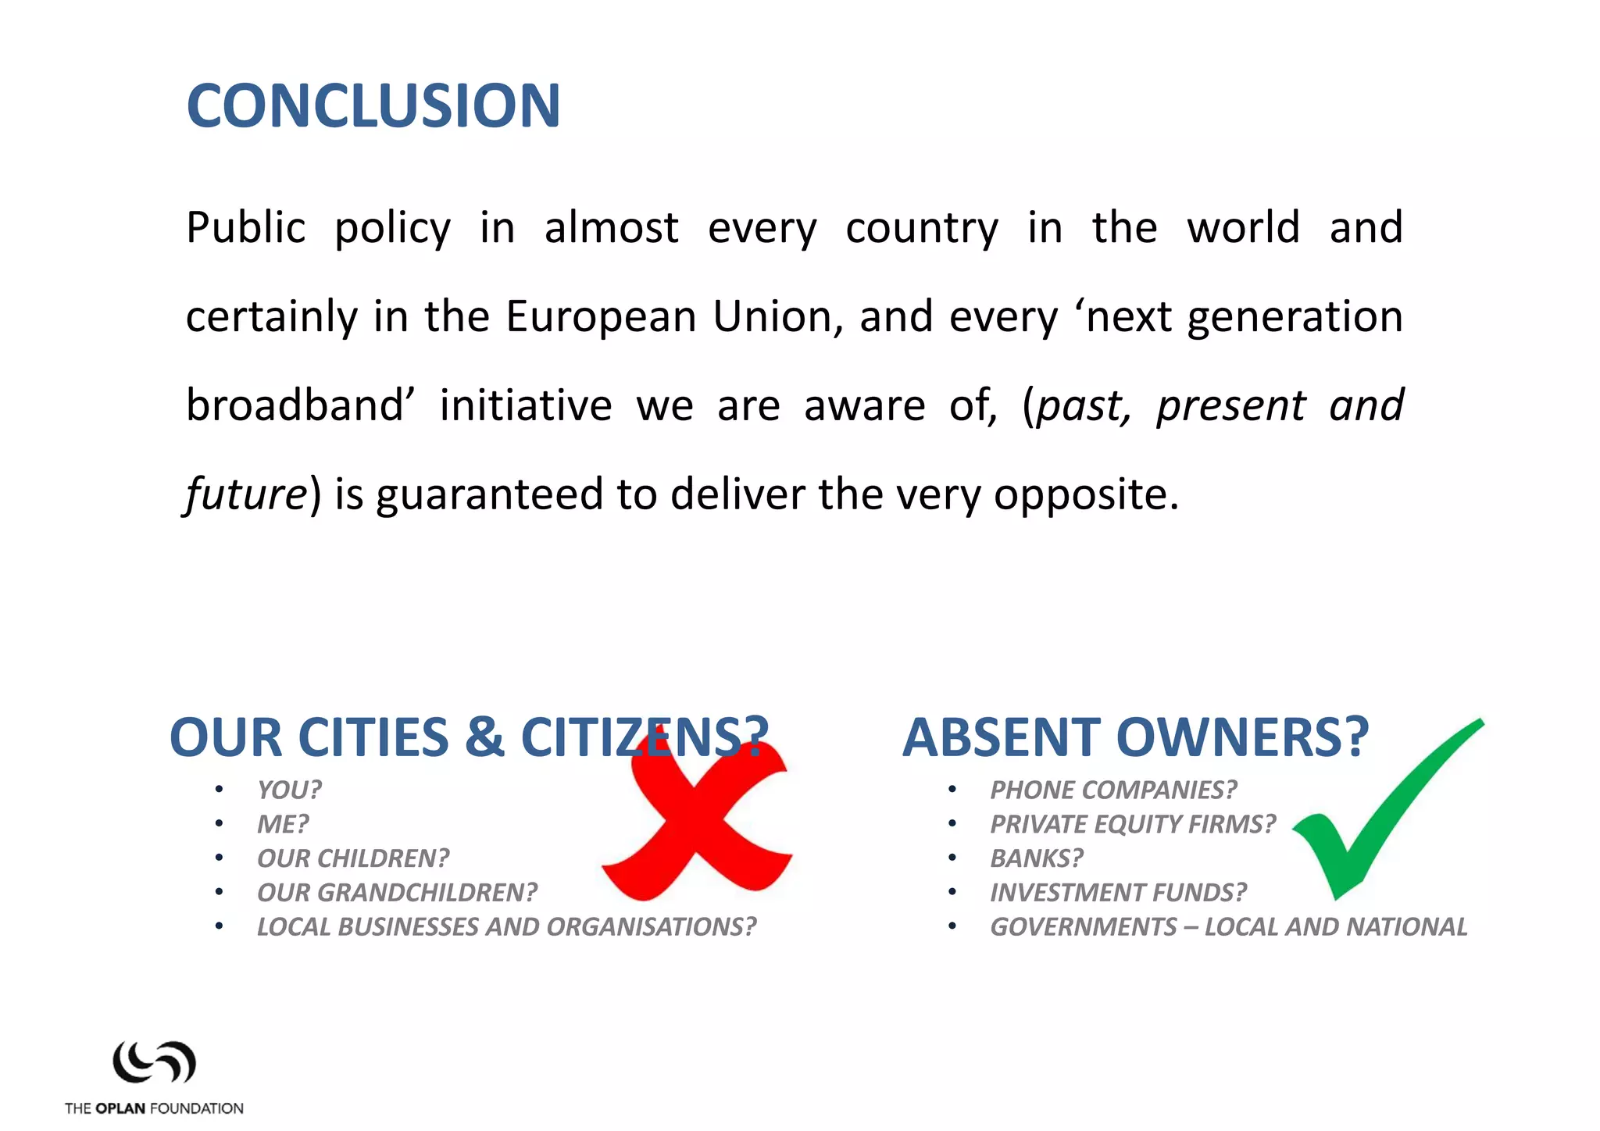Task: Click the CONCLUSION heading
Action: coord(373,106)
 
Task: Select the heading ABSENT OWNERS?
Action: coord(1135,737)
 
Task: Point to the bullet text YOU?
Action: coord(289,790)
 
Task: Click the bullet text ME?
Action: coord(283,824)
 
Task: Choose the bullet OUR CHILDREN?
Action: coord(353,858)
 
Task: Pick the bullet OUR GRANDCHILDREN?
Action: coord(397,892)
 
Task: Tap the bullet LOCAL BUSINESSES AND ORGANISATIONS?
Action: coord(506,926)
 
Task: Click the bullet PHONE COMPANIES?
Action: coord(1113,790)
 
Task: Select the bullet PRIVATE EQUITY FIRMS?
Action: coord(1132,824)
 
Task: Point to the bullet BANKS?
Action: coord(1037,858)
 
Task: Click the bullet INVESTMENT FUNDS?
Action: coord(1118,892)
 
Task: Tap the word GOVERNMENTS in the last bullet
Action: coord(1083,926)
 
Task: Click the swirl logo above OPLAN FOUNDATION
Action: coord(154,1062)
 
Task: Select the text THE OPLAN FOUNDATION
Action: coord(154,1108)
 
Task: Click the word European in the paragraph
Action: coord(601,317)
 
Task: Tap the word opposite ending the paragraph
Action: coord(1084,494)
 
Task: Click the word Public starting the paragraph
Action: coord(245,228)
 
